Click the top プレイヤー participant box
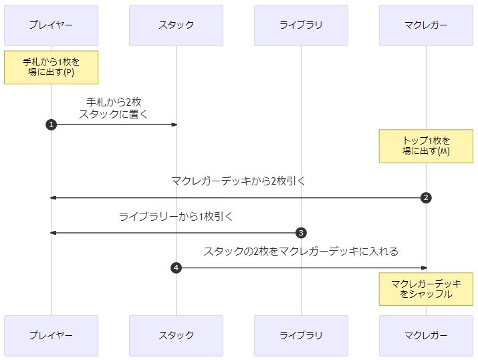pos(51,25)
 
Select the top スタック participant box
pos(176,25)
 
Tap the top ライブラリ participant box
pos(301,25)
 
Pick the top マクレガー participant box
pos(426,25)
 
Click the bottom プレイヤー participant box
pos(51,335)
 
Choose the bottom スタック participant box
pos(176,335)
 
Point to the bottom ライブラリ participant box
pos(301,335)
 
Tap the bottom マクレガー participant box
pos(426,335)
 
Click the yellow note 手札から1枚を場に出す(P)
pos(51,67)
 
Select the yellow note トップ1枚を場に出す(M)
pos(426,146)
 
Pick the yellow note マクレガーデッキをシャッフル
pos(426,288)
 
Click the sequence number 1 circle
pos(51,124)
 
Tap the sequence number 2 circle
pos(426,198)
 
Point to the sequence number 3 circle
pos(301,233)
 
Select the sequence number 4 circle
pos(176,268)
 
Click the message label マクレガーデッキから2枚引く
pos(238,181)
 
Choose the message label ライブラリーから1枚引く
pos(176,216)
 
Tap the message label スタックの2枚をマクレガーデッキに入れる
pos(301,251)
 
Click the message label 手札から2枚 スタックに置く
pos(114,108)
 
